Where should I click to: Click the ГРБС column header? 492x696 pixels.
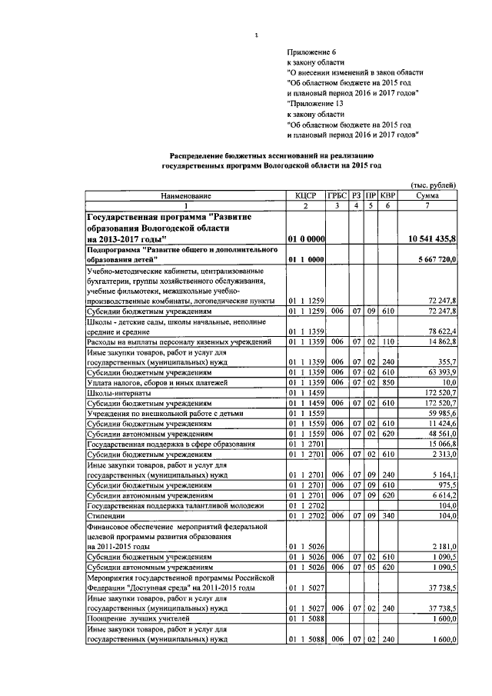pos(337,196)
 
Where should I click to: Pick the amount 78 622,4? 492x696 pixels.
pos(440,331)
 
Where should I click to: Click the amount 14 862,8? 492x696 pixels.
pos(440,341)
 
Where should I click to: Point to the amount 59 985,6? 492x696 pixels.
pos(440,412)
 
